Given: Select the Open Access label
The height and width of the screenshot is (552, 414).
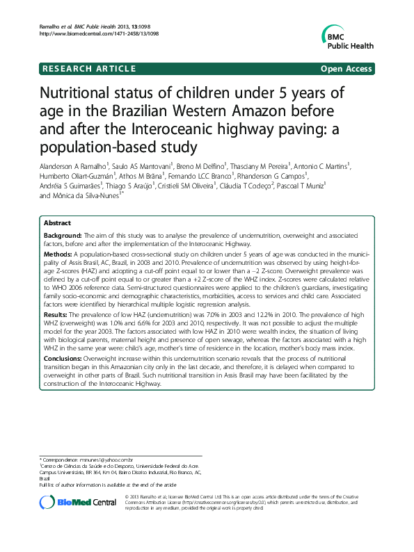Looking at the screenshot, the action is [345, 68].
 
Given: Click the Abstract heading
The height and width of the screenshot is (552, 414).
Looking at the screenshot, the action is [57, 223].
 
